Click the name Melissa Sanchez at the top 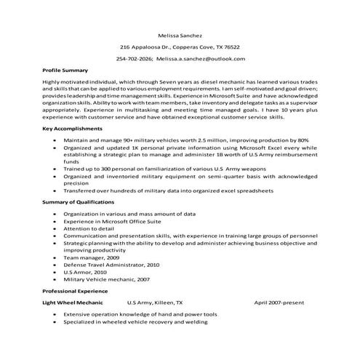[180, 34]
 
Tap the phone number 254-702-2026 [134, 57]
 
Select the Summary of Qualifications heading [79, 201]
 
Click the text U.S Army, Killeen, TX [155, 301]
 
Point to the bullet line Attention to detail [91, 228]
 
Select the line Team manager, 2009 [92, 258]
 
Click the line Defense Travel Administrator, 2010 [111, 265]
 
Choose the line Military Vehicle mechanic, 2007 [107, 279]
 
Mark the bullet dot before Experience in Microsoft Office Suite [55, 221]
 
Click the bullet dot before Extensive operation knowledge [55, 314]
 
